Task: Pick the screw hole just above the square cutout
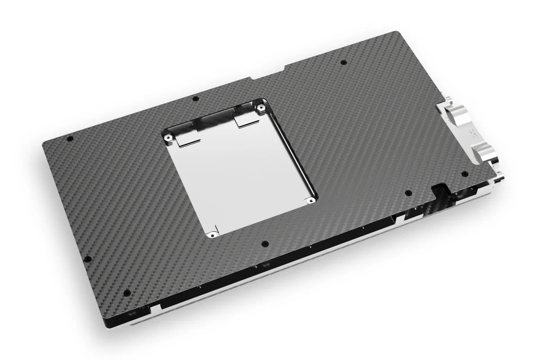tap(194, 99)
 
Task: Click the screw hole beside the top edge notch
tap(344, 62)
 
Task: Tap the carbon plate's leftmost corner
tap(43, 143)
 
